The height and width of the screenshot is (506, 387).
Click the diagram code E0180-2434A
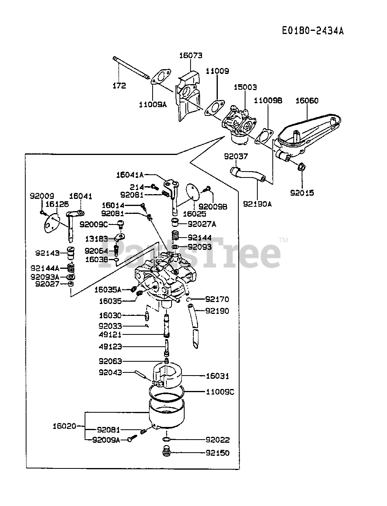point(313,31)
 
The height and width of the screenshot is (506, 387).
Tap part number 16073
point(191,56)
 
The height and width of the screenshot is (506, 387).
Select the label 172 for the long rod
point(119,85)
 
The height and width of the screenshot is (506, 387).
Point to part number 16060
point(307,101)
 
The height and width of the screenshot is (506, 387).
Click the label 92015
point(302,193)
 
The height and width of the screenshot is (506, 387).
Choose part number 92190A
point(257,204)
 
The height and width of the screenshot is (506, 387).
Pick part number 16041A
point(130,174)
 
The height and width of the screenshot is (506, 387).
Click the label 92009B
point(213,206)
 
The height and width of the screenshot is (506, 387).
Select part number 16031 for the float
point(217,376)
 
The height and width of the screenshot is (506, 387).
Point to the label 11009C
point(220,392)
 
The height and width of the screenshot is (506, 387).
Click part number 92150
point(217,453)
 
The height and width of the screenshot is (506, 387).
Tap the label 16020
point(64,426)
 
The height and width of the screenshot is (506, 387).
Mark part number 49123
point(110,347)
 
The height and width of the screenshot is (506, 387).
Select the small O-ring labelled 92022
point(166,440)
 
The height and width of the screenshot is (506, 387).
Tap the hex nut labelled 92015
point(301,167)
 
